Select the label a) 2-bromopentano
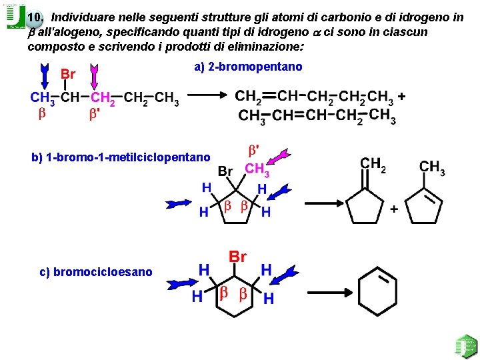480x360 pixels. (x=248, y=67)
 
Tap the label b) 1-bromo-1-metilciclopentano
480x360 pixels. (x=121, y=158)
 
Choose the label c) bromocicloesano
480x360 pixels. (x=96, y=271)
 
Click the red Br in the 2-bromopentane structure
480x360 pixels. (x=68, y=74)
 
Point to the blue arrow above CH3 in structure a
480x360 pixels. (x=45, y=75)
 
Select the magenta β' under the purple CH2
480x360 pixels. (x=95, y=115)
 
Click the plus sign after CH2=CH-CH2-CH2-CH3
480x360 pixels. (x=402, y=97)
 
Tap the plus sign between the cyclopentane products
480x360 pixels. (x=394, y=209)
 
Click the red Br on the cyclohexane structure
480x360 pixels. (x=238, y=257)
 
